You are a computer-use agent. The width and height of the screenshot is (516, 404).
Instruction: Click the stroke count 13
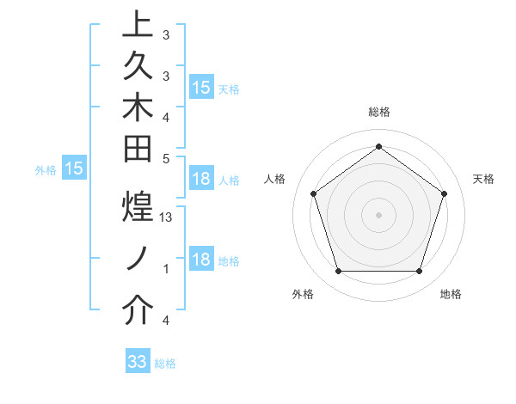coord(167,217)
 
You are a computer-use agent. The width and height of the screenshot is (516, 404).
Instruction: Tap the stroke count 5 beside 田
coord(166,157)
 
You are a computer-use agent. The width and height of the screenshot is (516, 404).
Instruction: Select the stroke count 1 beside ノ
coord(166,269)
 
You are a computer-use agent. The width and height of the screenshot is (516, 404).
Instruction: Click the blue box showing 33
coord(138,362)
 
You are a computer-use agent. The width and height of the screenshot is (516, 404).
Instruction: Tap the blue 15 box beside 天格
coord(201,88)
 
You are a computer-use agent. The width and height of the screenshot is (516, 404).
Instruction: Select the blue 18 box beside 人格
coord(201,179)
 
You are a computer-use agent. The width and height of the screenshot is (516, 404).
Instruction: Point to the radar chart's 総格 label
coord(379,113)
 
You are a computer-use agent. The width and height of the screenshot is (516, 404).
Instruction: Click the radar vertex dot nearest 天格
coord(445,193)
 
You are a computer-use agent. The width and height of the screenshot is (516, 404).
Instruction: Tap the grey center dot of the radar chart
coord(378,214)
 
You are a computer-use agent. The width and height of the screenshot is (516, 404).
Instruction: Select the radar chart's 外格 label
coord(303,295)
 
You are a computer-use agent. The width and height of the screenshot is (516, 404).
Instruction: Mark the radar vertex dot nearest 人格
coord(313,193)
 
